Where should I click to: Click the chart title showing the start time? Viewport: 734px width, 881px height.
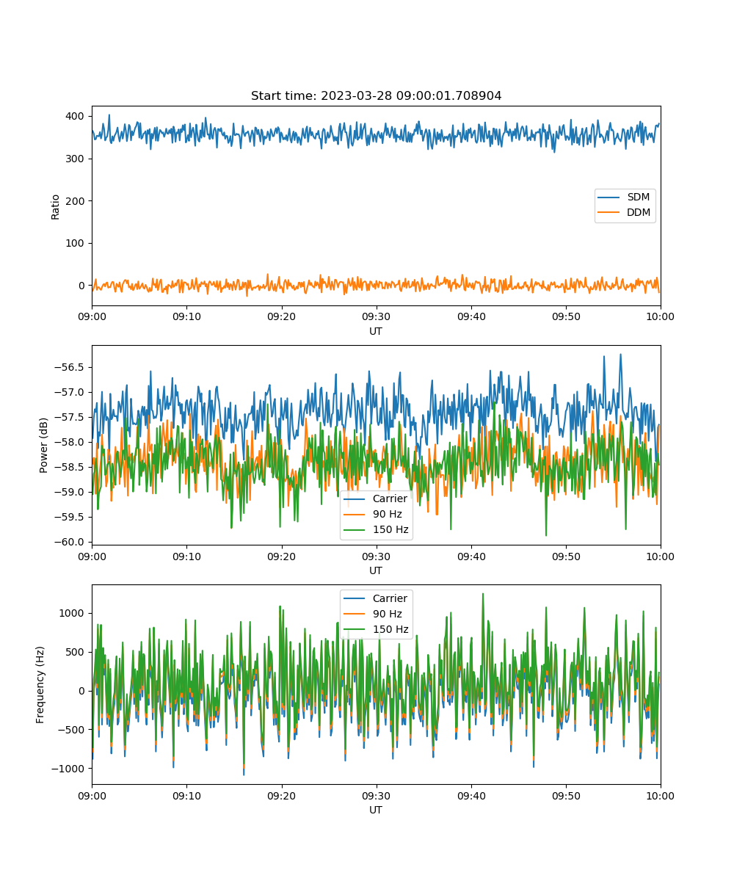(x=376, y=95)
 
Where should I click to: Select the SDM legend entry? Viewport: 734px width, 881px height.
(x=623, y=197)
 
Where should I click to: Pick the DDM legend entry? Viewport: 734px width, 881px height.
(x=623, y=212)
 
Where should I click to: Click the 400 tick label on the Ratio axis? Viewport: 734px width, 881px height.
(x=75, y=116)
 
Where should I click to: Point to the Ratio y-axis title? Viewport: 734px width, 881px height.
(x=55, y=207)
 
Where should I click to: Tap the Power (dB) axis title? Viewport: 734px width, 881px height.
(x=43, y=445)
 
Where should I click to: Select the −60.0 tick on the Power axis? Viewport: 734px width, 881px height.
(x=69, y=542)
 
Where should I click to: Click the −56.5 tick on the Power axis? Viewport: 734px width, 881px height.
(x=69, y=367)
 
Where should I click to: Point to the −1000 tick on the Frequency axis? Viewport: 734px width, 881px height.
(x=68, y=769)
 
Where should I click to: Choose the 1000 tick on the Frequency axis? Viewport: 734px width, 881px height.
(x=72, y=613)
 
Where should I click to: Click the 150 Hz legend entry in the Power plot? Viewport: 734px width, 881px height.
(x=376, y=529)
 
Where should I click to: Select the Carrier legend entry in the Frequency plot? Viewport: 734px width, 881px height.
(x=375, y=598)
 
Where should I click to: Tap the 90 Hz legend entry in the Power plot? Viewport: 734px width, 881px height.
(x=373, y=514)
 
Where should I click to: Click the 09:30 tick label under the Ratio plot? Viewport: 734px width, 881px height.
(x=377, y=316)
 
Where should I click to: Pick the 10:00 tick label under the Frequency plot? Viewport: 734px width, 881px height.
(x=660, y=796)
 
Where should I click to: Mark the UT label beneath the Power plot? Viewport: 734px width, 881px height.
(x=376, y=571)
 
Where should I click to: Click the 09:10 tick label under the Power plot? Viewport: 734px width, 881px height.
(x=187, y=556)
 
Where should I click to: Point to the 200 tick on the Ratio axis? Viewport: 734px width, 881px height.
(x=75, y=201)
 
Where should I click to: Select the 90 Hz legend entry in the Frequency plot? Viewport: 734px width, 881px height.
(x=373, y=614)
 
